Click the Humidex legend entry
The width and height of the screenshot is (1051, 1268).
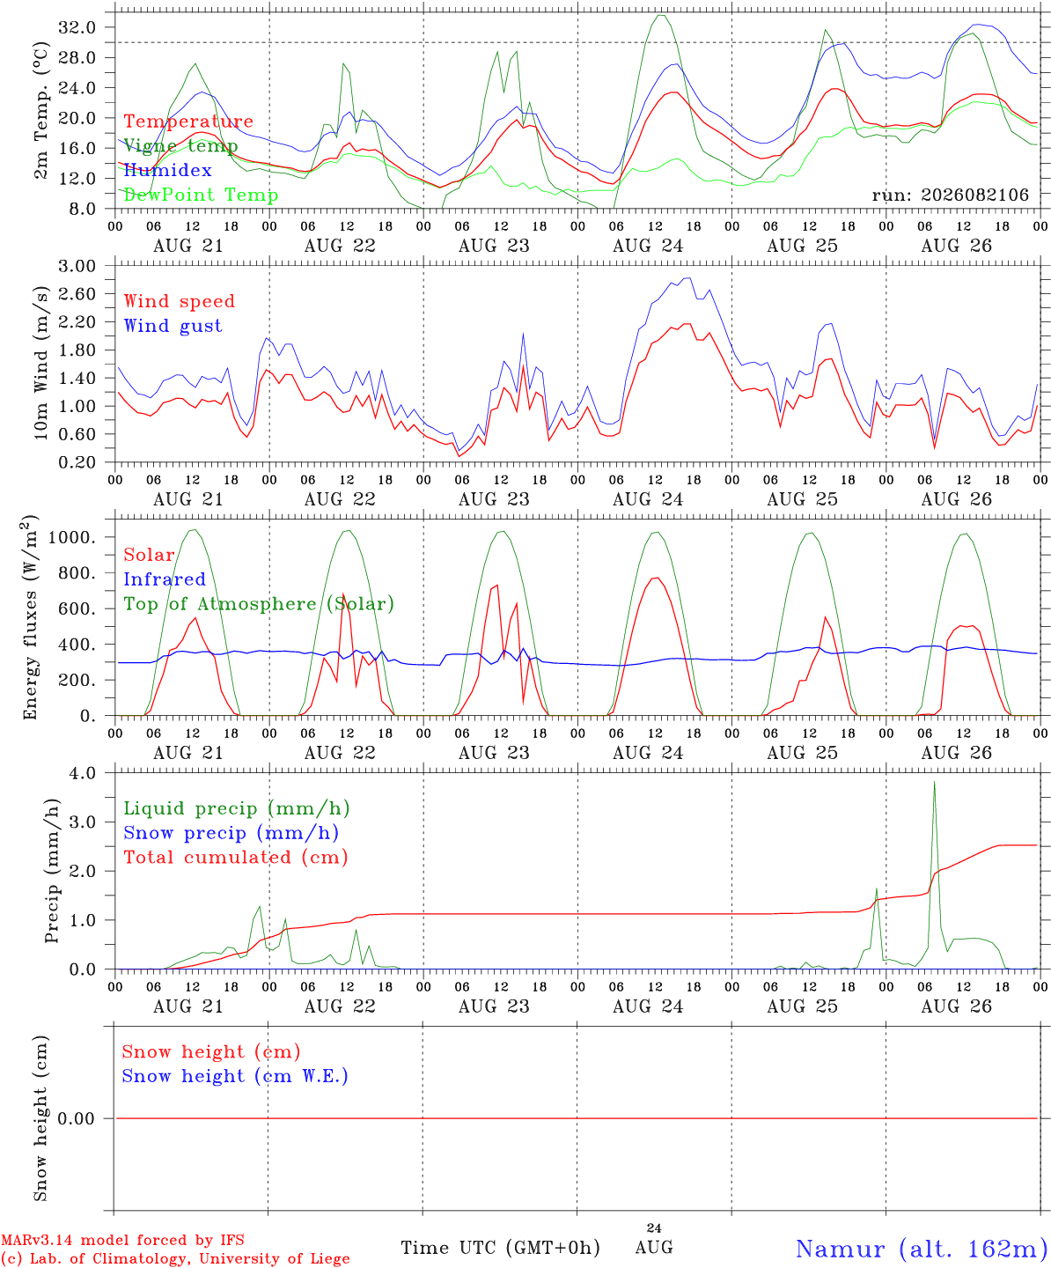pyautogui.click(x=167, y=170)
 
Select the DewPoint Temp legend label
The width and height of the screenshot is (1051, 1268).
pyautogui.click(x=201, y=195)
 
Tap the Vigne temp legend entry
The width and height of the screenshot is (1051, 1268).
pyautogui.click(x=180, y=146)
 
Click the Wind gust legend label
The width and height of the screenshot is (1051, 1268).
pyautogui.click(x=173, y=326)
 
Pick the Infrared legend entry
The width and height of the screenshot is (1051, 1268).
pyautogui.click(x=165, y=579)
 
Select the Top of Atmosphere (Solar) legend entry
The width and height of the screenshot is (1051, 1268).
pyautogui.click(x=260, y=604)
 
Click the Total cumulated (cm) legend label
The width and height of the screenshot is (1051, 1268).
pyautogui.click(x=236, y=858)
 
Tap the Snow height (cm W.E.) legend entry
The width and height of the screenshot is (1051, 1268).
pyautogui.click(x=235, y=1076)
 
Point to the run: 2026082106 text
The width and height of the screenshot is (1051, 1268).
pyautogui.click(x=950, y=195)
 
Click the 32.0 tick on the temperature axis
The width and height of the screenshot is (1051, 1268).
pyautogui.click(x=77, y=27)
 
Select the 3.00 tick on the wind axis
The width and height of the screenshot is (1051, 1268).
pyautogui.click(x=77, y=266)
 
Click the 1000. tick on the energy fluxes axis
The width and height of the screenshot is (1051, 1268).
pyautogui.click(x=72, y=537)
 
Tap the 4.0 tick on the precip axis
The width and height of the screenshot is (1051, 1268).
pyautogui.click(x=83, y=774)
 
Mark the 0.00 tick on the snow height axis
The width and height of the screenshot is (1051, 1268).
pyautogui.click(x=77, y=1118)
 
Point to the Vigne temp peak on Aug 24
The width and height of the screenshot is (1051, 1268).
pyautogui.click(x=661, y=15)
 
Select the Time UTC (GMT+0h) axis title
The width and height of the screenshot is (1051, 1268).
pyautogui.click(x=500, y=1248)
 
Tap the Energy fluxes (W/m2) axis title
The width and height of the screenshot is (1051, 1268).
pyautogui.click(x=30, y=617)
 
